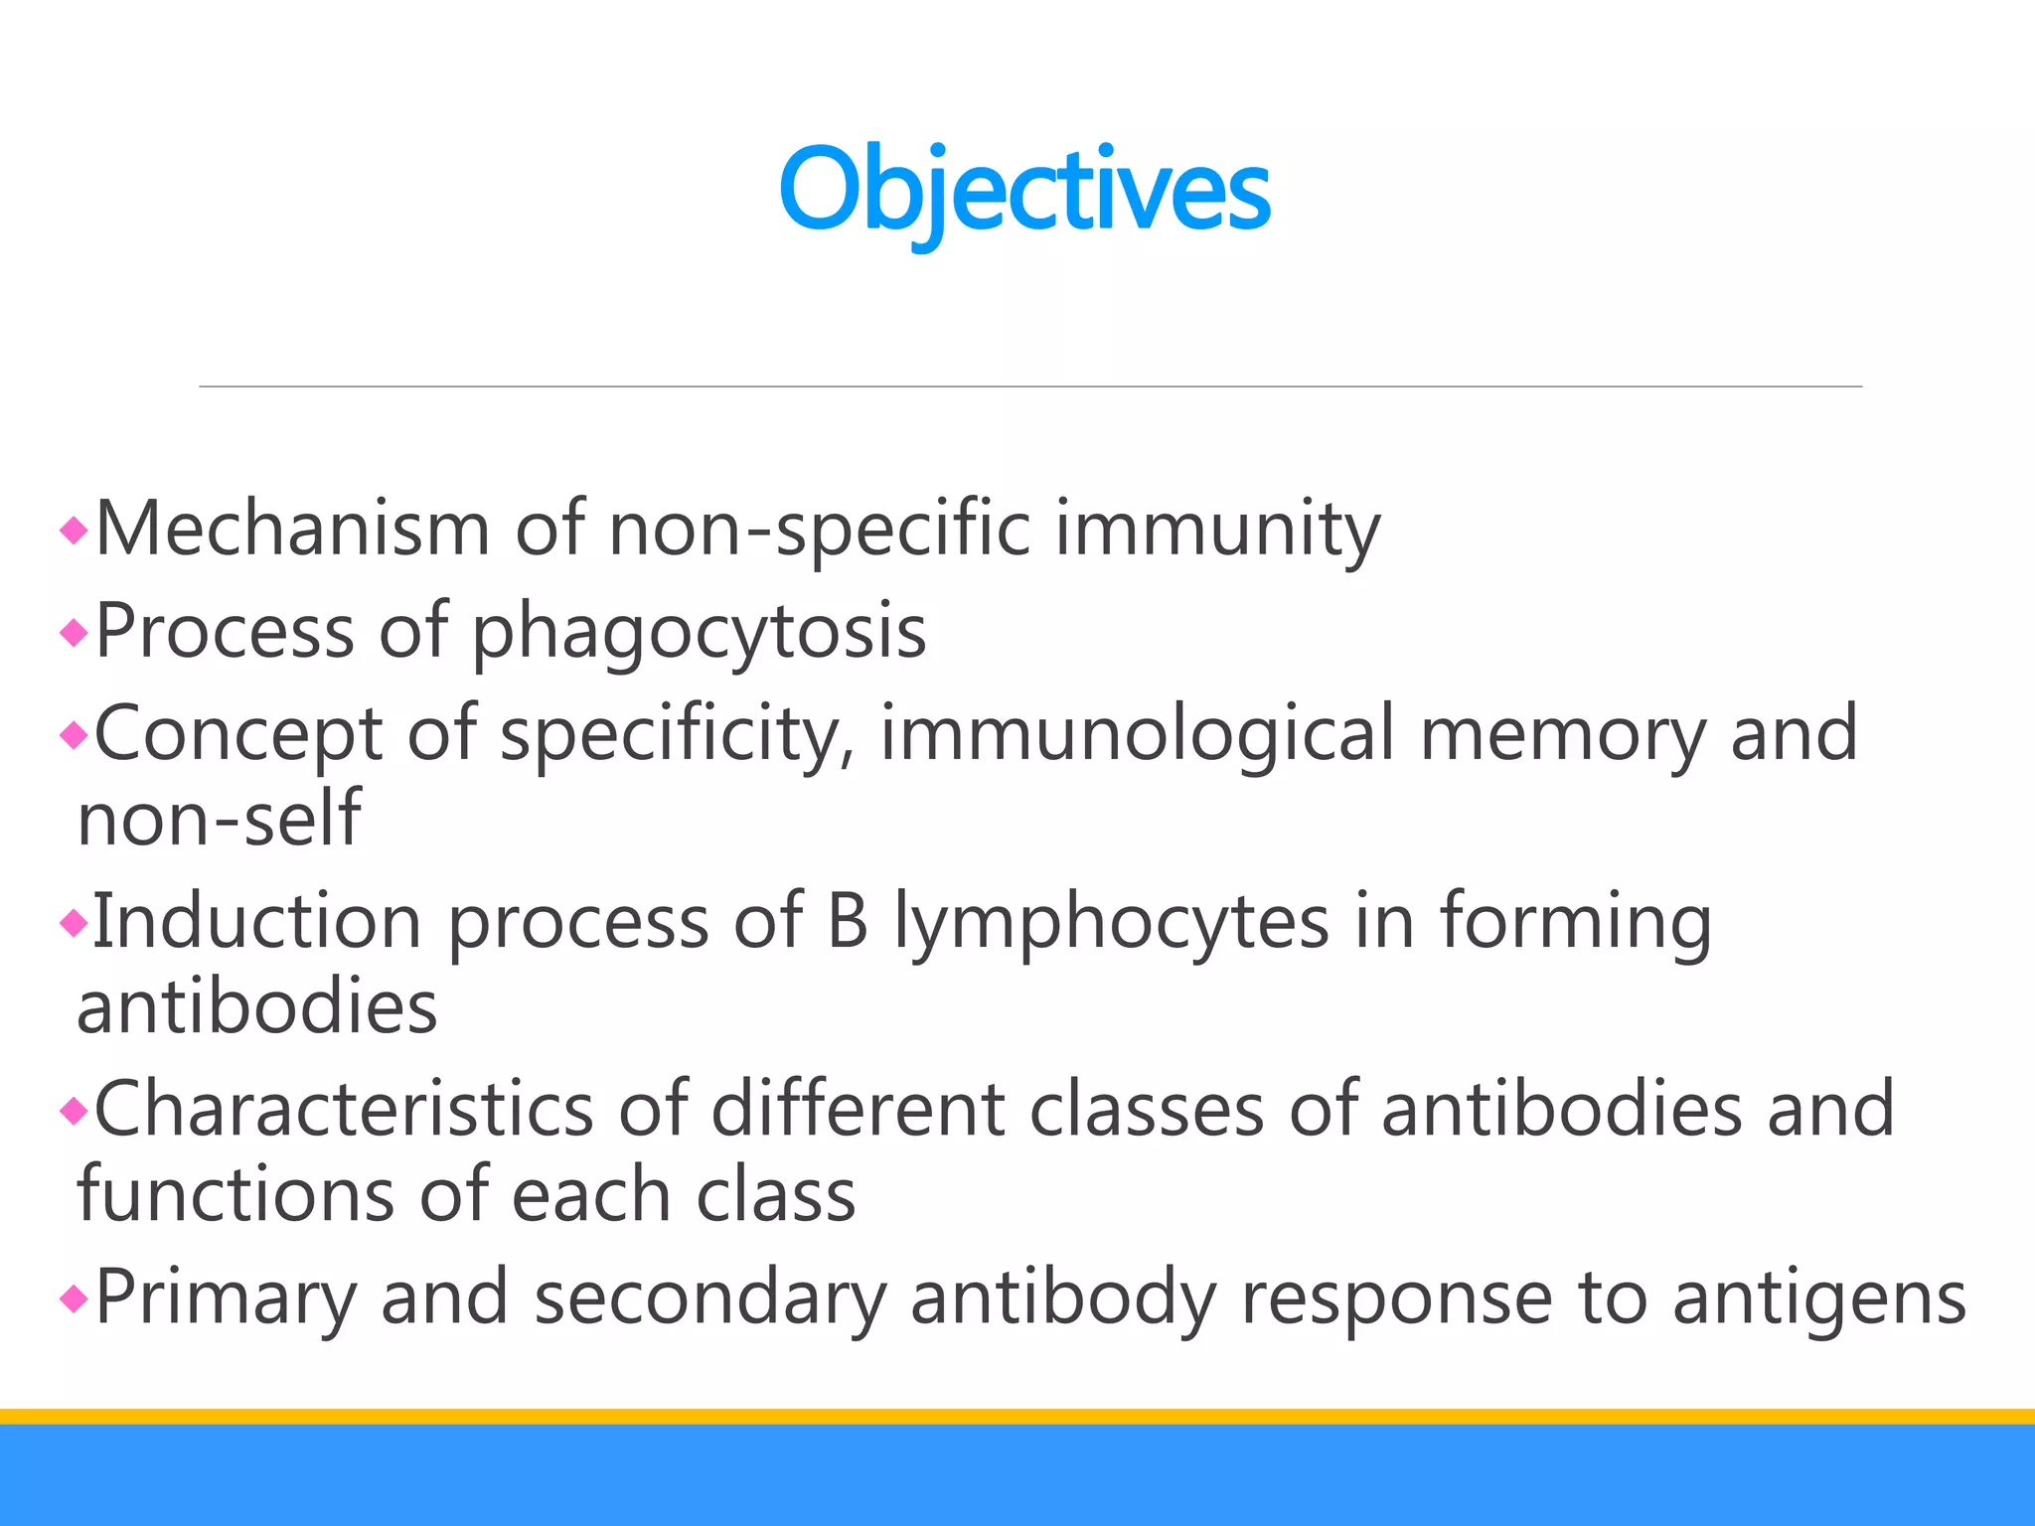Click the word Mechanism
292,529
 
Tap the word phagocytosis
699,632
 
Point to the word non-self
219,819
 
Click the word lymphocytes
1111,922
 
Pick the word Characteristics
344,1109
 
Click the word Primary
226,1297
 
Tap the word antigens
1819,1297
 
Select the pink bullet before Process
75,632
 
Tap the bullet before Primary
75,1297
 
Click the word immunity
1217,529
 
